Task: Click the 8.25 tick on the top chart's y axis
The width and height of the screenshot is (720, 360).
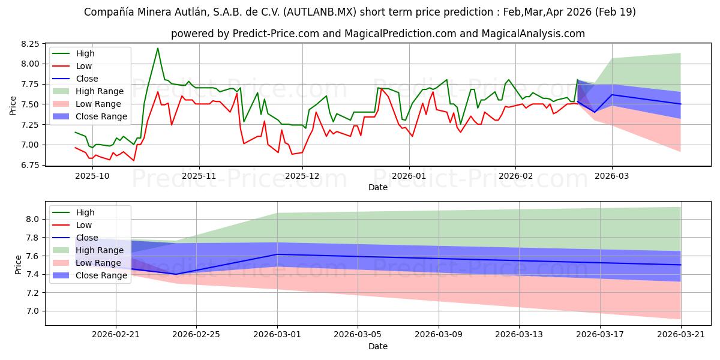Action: pos(31,44)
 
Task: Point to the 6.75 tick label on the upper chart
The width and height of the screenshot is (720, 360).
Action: pos(31,165)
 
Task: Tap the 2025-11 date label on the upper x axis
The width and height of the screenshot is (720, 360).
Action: pos(199,176)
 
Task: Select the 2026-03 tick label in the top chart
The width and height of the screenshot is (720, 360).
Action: pos(612,176)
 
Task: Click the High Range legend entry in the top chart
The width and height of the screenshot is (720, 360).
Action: pos(100,91)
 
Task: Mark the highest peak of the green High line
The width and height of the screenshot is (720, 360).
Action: pos(158,48)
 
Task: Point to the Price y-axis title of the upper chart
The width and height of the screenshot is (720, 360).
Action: pos(13,104)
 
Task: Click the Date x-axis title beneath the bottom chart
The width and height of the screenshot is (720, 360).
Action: pos(378,346)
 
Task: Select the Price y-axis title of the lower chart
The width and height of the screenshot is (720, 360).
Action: pos(18,264)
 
